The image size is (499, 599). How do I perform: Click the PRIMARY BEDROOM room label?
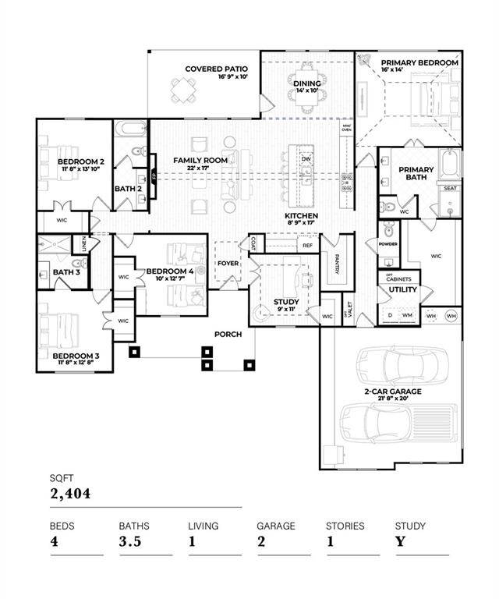tap(419, 62)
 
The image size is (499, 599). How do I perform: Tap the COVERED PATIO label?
tap(216, 69)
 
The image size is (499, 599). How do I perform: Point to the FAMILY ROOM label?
tap(200, 160)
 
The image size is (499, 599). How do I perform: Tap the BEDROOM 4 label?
tap(168, 272)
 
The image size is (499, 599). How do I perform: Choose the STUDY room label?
tap(286, 302)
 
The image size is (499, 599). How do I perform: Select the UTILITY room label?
tap(398, 289)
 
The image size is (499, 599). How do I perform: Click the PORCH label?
tap(228, 334)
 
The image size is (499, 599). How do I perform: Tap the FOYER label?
tap(228, 263)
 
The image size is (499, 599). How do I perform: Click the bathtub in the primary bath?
tap(450, 165)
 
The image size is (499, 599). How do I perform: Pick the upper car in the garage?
tap(402, 363)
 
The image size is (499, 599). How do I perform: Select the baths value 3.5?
tap(130, 542)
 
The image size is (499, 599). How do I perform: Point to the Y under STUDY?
tap(400, 542)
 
